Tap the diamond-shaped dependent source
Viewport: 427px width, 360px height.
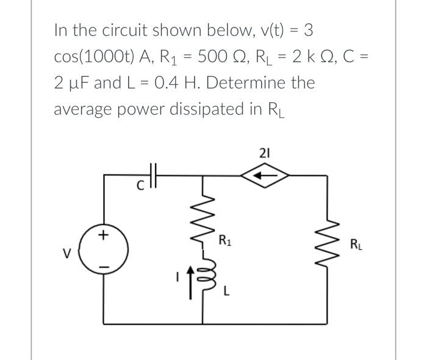pyautogui.click(x=263, y=175)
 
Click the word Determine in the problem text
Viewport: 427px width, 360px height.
pyautogui.click(x=234, y=82)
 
